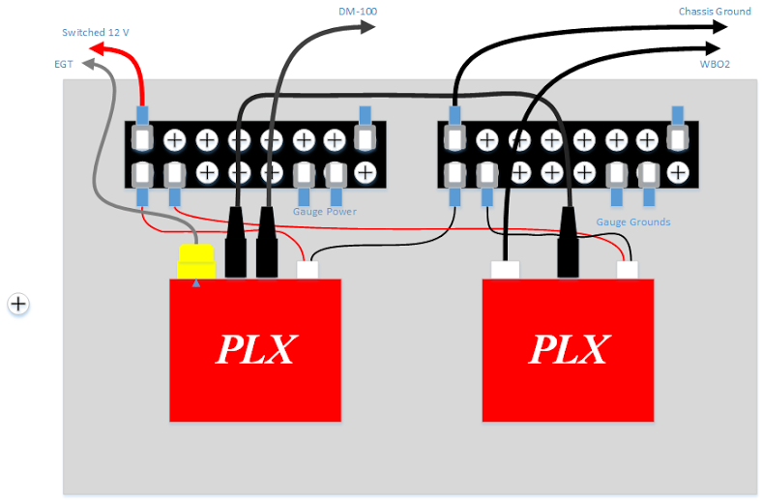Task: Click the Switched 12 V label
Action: coord(95,32)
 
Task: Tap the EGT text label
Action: coord(63,64)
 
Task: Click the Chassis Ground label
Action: coord(714,12)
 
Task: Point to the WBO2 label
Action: coord(715,64)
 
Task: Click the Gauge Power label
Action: coord(325,211)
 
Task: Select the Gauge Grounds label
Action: coord(632,221)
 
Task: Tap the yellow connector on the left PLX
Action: coord(195,261)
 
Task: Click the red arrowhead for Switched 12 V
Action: coord(96,48)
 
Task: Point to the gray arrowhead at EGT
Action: coord(88,65)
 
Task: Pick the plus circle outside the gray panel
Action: coord(18,304)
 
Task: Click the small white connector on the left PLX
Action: coord(308,270)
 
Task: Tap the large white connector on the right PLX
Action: coord(507,270)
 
